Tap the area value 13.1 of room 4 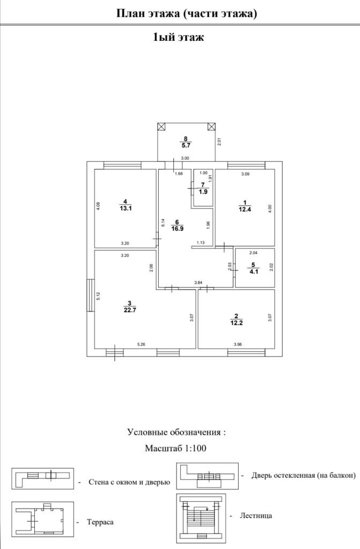tap(126, 209)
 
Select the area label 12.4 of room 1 tap(245, 209)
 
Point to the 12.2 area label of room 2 tap(236, 323)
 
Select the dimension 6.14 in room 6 tap(163, 221)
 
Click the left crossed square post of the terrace tap(161, 127)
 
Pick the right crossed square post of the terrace tap(211, 127)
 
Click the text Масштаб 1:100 tap(175, 448)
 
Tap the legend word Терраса tap(100, 522)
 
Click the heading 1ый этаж tap(179, 38)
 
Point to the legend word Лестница tap(256, 515)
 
